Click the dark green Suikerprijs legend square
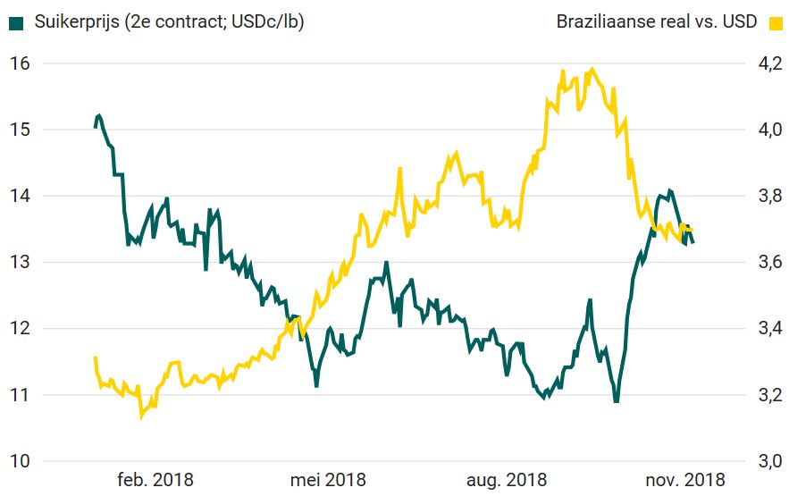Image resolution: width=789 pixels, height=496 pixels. (16, 21)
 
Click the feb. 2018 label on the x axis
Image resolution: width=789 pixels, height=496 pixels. (155, 480)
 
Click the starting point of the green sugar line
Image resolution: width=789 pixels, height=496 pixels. (96, 127)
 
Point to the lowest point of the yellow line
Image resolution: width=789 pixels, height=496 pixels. (141, 416)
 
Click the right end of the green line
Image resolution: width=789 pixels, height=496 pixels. (692, 242)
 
